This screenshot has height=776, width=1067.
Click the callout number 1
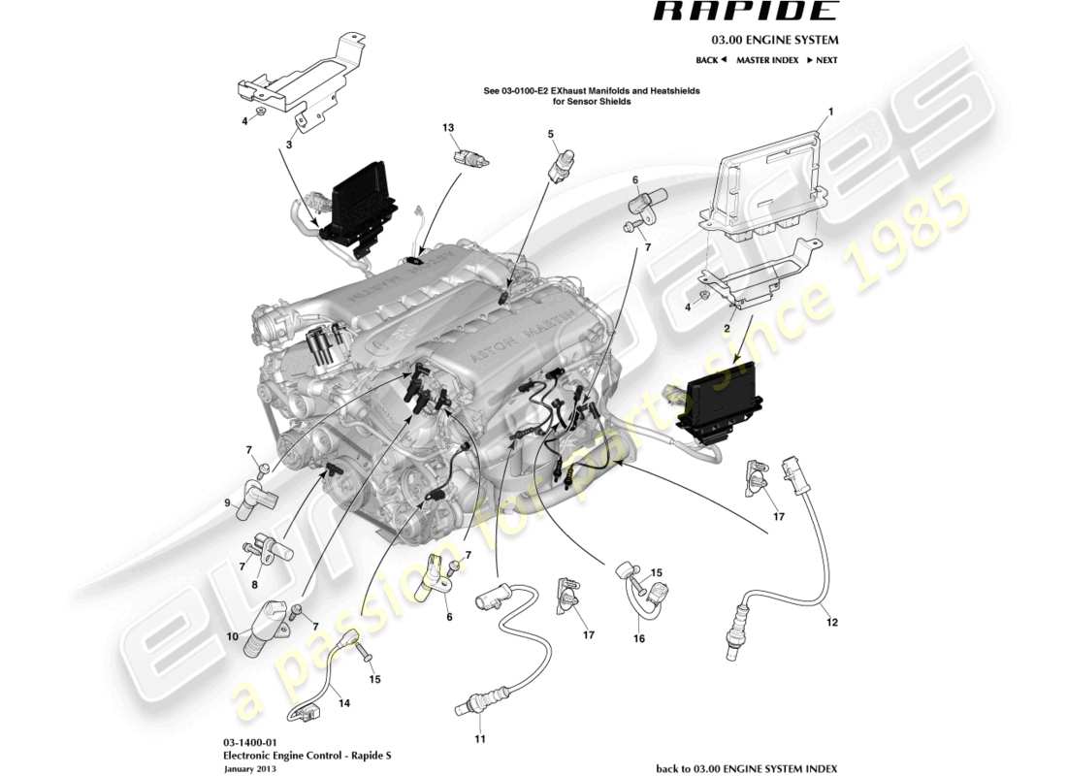pyautogui.click(x=831, y=112)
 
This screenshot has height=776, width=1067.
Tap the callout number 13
pyautogui.click(x=448, y=128)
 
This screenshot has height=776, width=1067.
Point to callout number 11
pyautogui.click(x=478, y=739)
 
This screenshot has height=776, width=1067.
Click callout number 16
pyautogui.click(x=638, y=639)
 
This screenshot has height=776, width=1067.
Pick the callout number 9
pyautogui.click(x=228, y=502)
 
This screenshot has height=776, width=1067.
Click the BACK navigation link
pyautogui.click(x=711, y=60)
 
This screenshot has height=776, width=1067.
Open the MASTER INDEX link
pyautogui.click(x=766, y=60)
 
